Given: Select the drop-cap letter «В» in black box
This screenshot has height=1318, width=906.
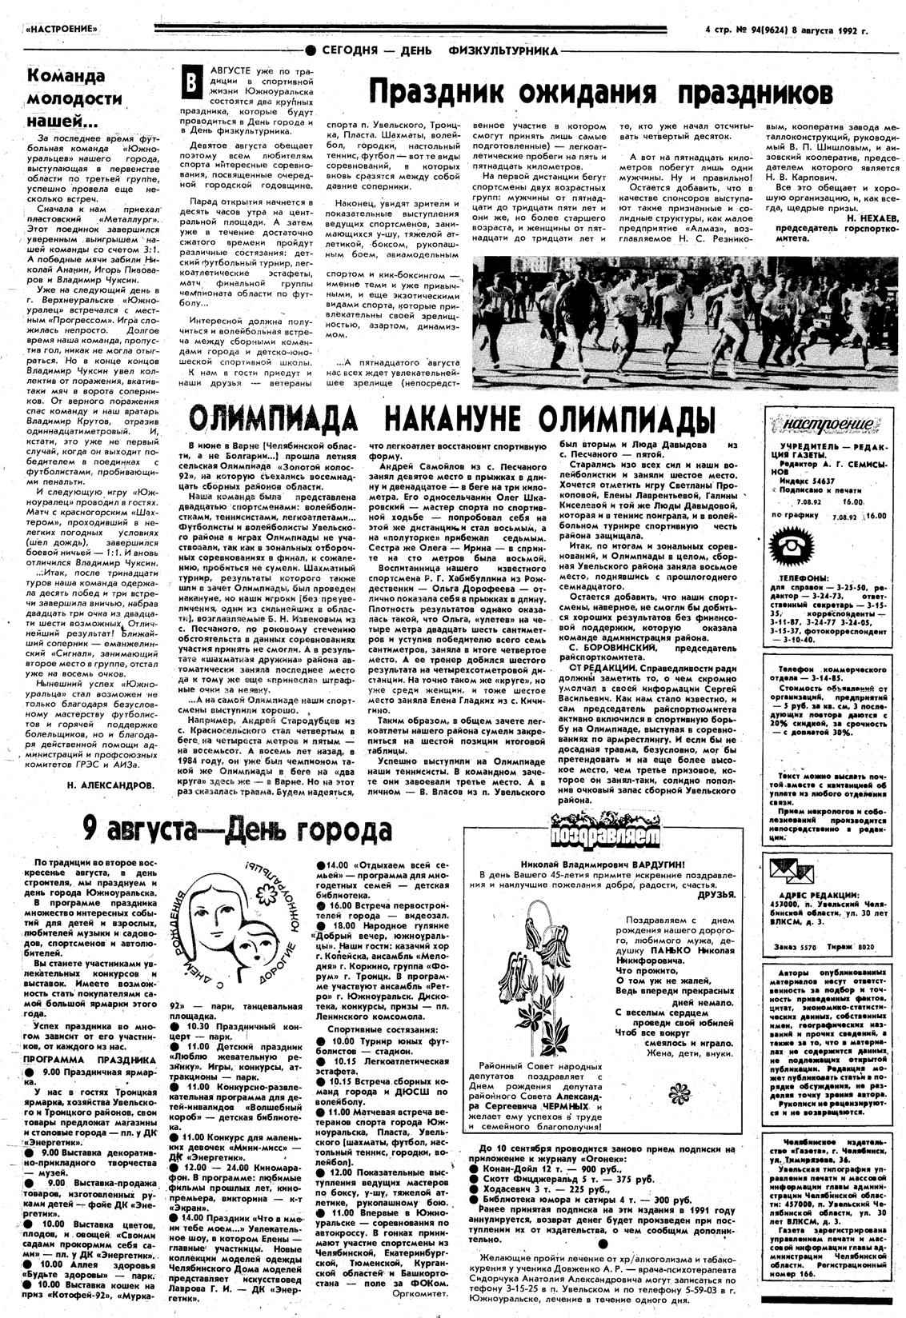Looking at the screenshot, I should tap(191, 83).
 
